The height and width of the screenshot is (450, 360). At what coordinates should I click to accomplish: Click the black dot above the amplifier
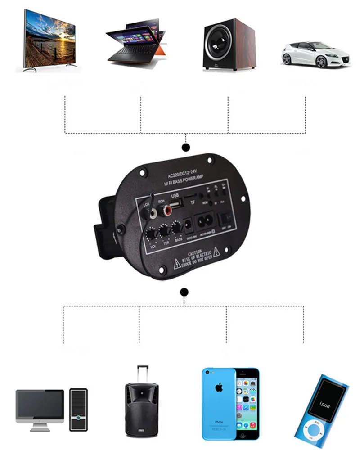184,148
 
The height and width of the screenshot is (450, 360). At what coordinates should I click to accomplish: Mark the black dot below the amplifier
184,292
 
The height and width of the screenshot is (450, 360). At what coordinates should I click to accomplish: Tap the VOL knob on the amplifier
151,235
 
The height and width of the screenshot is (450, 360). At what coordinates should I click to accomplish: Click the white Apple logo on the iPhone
218,388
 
